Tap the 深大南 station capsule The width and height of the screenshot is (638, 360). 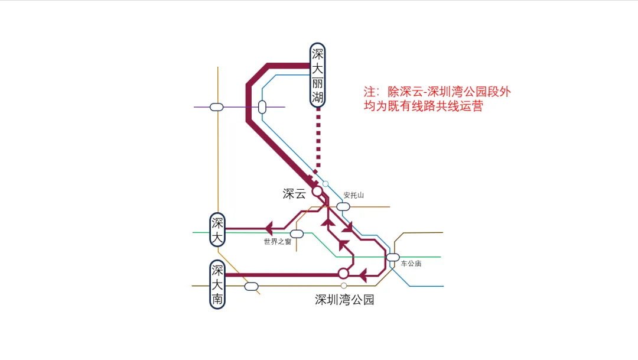tap(217, 285)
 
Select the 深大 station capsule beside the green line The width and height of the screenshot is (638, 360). tap(217, 230)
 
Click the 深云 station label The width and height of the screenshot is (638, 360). tap(294, 194)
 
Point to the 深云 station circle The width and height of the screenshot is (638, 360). tap(317, 191)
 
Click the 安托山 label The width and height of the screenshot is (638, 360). tap(354, 195)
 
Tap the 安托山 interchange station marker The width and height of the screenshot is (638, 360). tap(343, 206)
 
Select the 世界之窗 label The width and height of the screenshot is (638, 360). tap(277, 242)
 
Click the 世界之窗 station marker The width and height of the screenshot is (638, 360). tap(297, 233)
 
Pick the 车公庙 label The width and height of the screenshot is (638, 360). tap(411, 264)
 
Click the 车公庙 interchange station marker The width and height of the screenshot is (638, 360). tap(393, 257)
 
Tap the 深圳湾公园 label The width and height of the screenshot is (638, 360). tap(344, 300)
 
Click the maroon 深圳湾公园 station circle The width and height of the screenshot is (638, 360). tap(343, 273)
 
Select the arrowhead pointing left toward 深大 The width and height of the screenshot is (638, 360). tap(269, 228)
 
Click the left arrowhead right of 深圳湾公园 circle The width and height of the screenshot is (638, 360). tap(363, 274)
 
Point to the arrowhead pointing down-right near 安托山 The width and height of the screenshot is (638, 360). tap(348, 226)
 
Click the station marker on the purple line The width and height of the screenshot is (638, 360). tap(217, 107)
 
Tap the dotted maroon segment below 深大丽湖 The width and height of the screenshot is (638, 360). tap(318, 142)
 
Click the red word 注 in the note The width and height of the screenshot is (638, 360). tap(370, 93)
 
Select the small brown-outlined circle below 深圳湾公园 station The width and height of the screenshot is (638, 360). tap(344, 286)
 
